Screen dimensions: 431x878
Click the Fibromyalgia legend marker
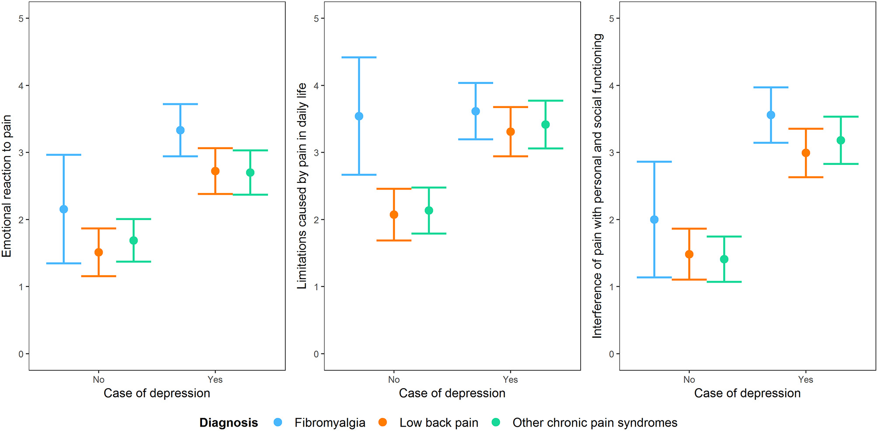(278, 422)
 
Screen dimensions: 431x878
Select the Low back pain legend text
(439, 423)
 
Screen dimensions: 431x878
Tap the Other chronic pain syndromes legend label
(595, 423)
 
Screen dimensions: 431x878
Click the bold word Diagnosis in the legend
(228, 423)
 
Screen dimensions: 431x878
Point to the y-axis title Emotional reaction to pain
(7, 186)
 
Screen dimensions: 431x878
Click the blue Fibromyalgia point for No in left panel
(64, 209)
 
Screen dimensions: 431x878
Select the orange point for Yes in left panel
(215, 171)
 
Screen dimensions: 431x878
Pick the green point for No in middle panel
(429, 210)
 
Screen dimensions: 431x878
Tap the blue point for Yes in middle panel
(476, 111)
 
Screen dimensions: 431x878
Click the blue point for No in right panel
(654, 220)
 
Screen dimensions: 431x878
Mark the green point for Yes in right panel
(841, 140)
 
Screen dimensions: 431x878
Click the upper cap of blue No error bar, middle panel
(359, 57)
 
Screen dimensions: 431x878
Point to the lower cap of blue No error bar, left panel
(64, 263)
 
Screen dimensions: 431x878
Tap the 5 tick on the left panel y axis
(21, 18)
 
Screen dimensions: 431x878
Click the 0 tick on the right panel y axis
(612, 354)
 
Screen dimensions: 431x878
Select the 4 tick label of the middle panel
(316, 86)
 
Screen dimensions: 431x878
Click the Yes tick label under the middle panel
(510, 380)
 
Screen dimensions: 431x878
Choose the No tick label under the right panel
(689, 380)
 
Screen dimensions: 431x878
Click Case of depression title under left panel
(157, 393)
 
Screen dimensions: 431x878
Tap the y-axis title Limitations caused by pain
(302, 186)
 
